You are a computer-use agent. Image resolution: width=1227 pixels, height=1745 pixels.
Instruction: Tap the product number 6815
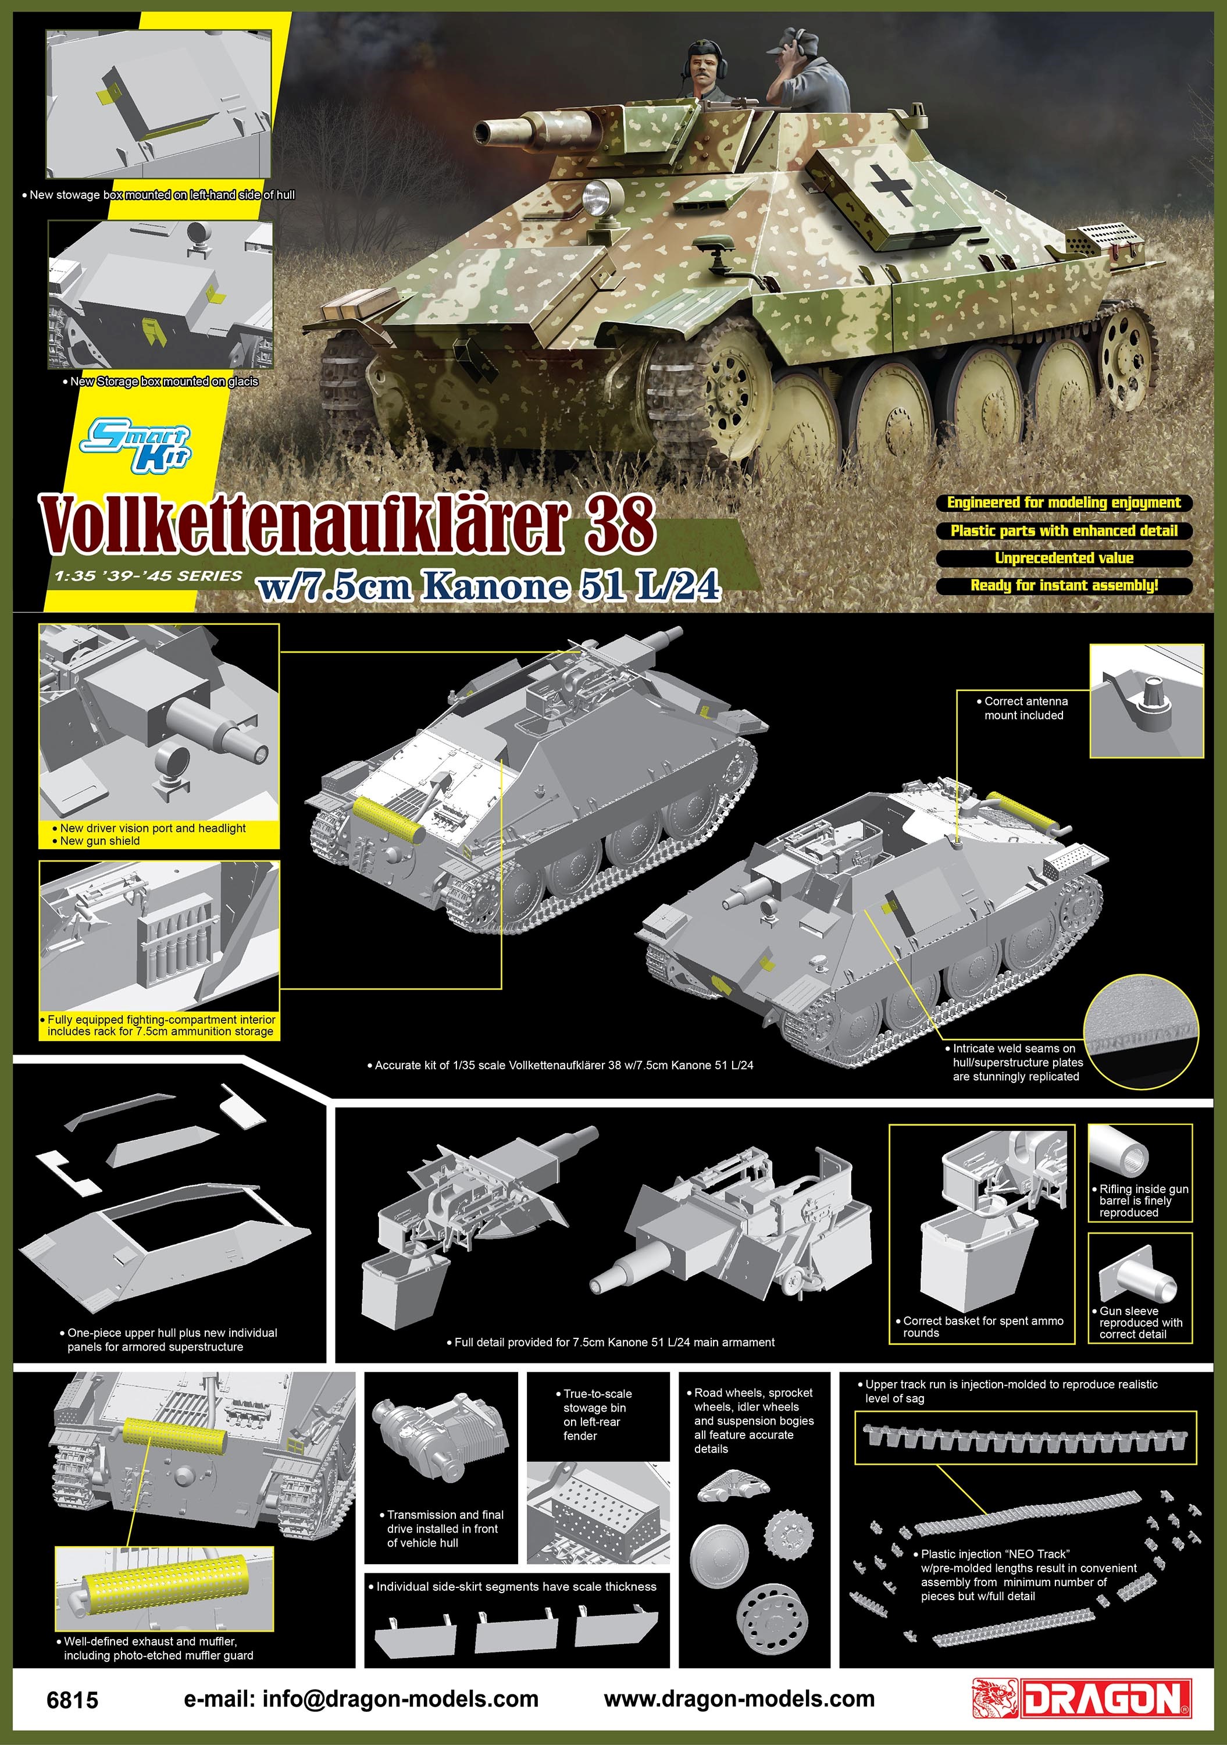(x=73, y=1700)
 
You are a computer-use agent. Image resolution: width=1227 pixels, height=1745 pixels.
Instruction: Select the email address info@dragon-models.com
(x=361, y=1698)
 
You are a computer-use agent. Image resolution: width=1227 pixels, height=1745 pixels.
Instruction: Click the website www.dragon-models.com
(x=739, y=1698)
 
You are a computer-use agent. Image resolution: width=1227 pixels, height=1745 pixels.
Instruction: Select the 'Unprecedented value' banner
(x=1064, y=558)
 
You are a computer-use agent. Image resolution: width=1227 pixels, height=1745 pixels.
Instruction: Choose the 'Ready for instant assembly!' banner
(x=1064, y=585)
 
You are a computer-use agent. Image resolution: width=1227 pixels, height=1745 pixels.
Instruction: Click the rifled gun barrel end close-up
(x=1120, y=1151)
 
